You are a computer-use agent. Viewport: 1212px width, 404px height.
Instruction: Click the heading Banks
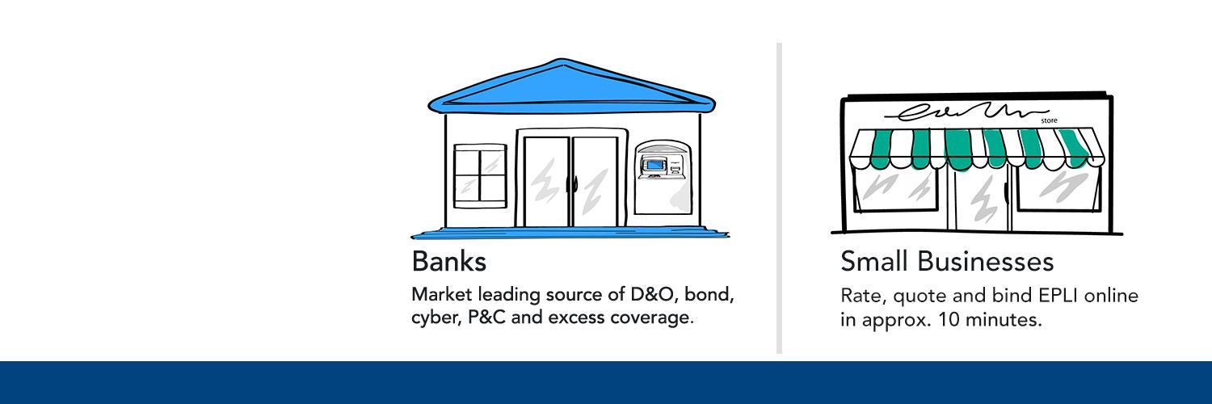pos(448,261)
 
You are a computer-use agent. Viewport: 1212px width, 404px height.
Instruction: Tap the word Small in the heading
pos(873,261)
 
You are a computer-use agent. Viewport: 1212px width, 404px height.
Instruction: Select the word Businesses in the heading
pos(986,261)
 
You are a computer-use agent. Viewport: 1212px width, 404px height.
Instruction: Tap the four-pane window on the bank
pos(480,176)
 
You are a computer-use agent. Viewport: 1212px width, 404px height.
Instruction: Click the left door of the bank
pos(546,182)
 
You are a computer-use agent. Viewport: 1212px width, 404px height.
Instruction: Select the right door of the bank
pos(595,182)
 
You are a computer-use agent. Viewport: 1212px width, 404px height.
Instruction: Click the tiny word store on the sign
pos(1049,120)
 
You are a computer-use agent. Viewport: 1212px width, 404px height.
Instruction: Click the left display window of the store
pos(895,187)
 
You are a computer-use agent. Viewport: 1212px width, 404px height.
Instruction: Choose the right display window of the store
pos(1058,187)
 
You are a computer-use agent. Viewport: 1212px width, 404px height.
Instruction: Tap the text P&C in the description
pos(486,317)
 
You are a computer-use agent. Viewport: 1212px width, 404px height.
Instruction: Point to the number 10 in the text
pos(949,320)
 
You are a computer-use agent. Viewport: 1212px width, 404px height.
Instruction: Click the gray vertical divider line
pos(779,198)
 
